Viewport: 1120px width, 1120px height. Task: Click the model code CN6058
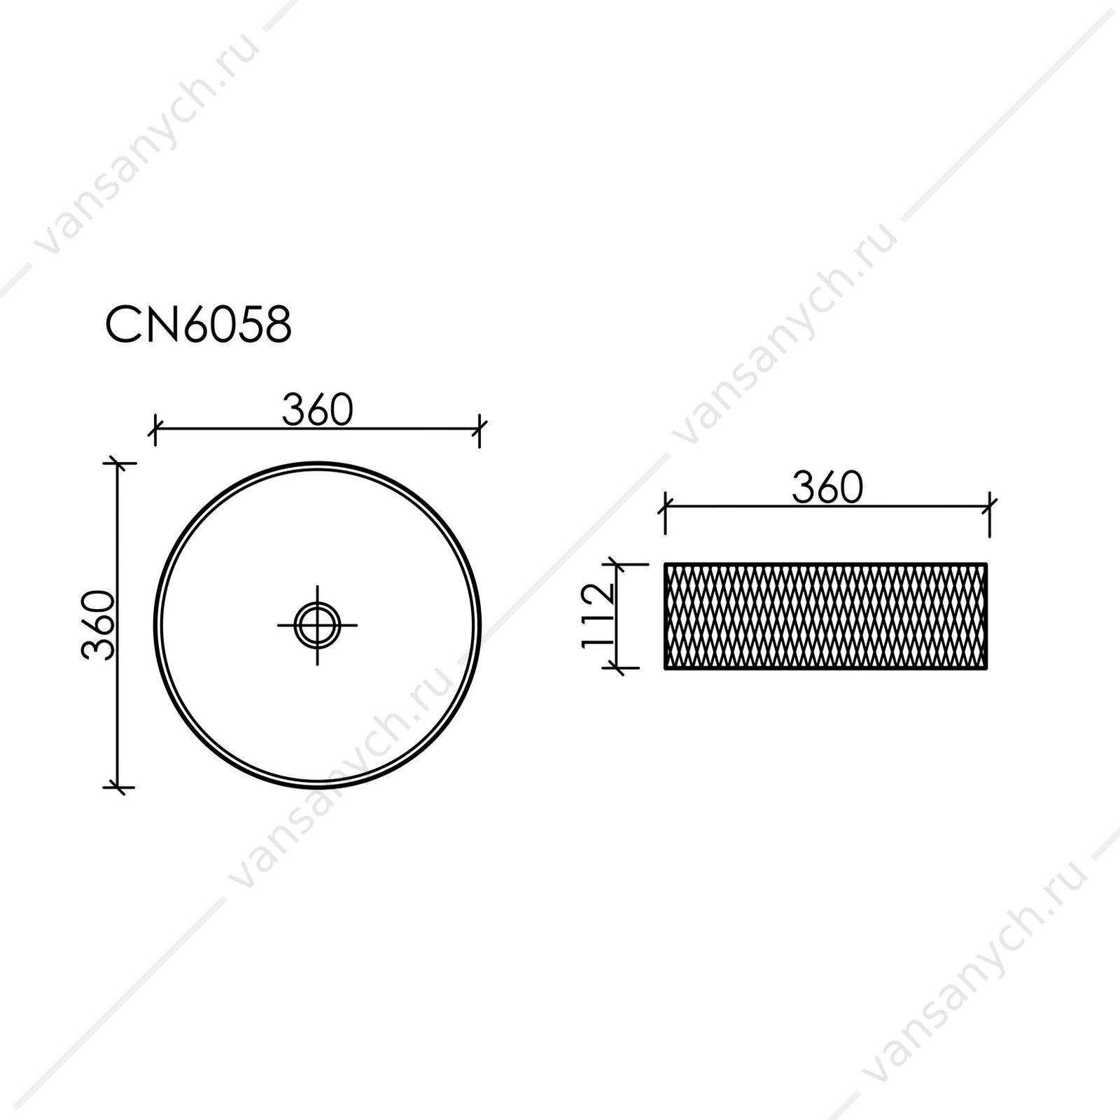coord(198,325)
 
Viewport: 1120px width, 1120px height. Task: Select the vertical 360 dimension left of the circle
coord(98,625)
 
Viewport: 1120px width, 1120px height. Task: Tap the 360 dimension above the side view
coord(827,487)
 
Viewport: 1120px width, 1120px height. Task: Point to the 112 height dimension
coord(598,615)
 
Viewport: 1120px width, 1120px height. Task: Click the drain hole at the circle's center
coord(317,624)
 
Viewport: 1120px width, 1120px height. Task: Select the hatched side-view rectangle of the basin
coord(826,616)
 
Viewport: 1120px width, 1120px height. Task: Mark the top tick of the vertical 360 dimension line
coord(118,463)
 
